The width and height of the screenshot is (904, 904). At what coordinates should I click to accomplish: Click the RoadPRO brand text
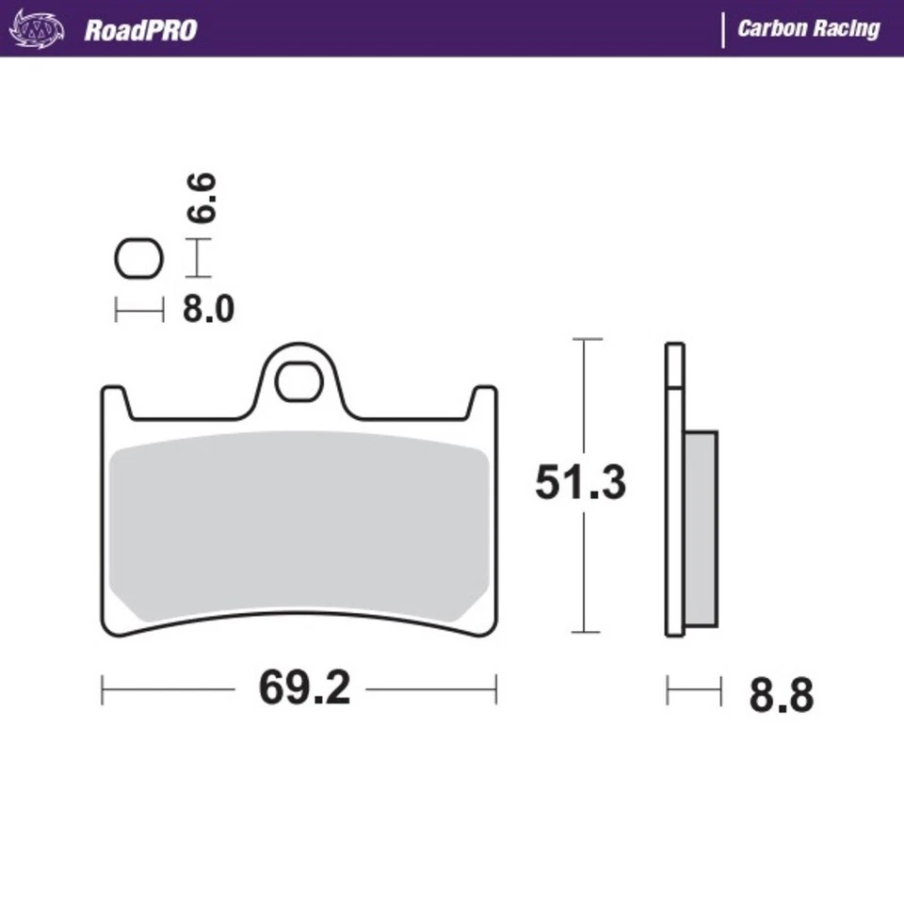140,29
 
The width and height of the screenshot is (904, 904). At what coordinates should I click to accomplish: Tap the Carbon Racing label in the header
808,28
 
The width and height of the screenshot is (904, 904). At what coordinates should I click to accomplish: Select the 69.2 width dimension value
304,689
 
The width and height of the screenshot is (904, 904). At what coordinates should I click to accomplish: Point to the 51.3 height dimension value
580,483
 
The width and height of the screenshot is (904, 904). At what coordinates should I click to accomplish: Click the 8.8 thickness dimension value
781,697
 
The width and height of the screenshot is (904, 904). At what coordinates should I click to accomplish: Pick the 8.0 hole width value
208,309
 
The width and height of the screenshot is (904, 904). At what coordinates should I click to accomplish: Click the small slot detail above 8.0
138,259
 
